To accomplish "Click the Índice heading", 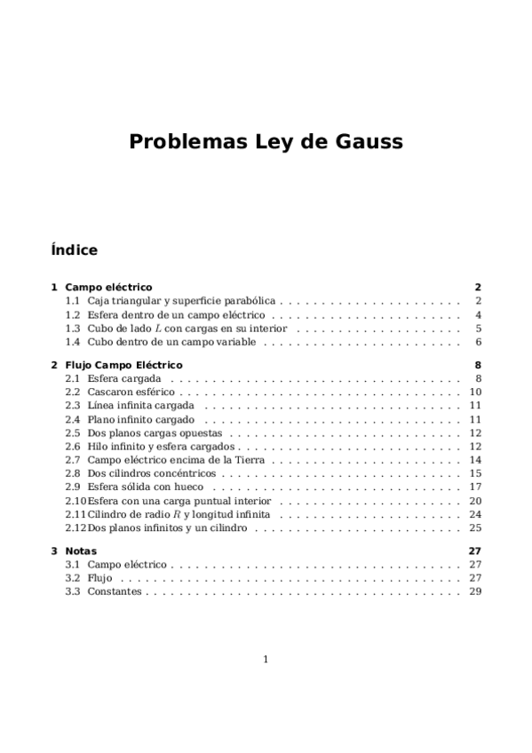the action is click(74, 250).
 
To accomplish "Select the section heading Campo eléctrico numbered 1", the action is click(108, 287).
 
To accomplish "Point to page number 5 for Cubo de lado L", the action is click(478, 328).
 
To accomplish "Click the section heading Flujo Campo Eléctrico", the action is click(123, 365).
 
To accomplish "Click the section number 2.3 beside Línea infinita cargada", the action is click(73, 405).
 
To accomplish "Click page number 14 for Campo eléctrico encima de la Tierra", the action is click(475, 460).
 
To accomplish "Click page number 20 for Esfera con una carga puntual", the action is click(475, 501).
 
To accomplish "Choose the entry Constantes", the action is click(114, 591).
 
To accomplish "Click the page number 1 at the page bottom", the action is click(266, 659).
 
